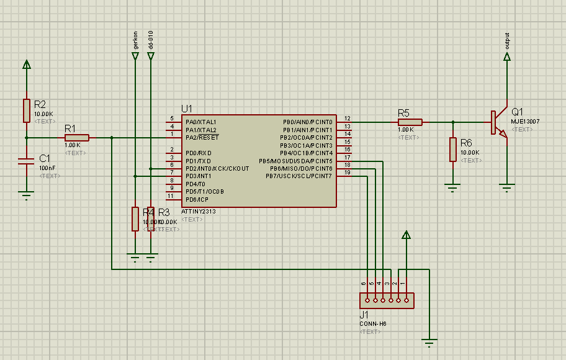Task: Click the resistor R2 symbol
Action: pos(26,110)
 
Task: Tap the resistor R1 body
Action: pos(76,138)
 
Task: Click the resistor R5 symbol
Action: pos(410,122)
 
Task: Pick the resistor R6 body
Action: pos(453,150)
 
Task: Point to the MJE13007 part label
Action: pos(525,122)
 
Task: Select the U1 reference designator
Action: pos(187,108)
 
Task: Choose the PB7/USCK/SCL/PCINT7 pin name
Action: pos(299,176)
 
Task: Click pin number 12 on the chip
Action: pos(348,118)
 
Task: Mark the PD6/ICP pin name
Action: pos(197,200)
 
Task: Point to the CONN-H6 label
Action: pos(372,323)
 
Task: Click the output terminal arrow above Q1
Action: pos(507,56)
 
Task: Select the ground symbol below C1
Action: pos(26,195)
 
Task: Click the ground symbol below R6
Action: pos(453,186)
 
